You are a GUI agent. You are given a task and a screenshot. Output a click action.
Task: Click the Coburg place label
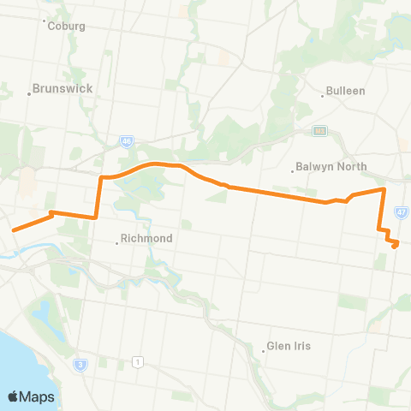68,27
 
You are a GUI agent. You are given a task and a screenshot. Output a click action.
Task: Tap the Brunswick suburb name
62,88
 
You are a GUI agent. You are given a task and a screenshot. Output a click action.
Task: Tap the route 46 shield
126,141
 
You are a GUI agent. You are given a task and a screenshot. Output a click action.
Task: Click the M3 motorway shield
320,131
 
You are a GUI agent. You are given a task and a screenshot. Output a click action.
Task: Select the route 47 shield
401,211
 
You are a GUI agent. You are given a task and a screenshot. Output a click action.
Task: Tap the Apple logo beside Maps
14,396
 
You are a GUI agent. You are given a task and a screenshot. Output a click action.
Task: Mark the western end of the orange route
13,229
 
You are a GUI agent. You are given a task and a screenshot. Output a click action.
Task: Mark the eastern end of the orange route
396,246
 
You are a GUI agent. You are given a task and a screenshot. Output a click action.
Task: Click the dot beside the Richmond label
117,243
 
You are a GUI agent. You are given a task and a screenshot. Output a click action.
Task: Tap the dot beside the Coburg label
44,21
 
